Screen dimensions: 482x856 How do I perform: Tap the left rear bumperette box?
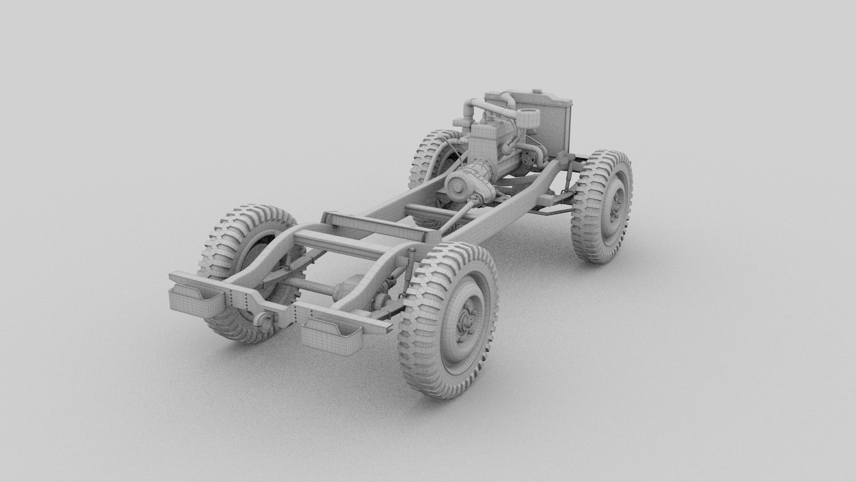pyautogui.click(x=195, y=298)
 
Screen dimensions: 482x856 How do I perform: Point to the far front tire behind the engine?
pyautogui.click(x=430, y=152)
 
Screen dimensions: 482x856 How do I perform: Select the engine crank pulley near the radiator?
pyautogui.click(x=529, y=158)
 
